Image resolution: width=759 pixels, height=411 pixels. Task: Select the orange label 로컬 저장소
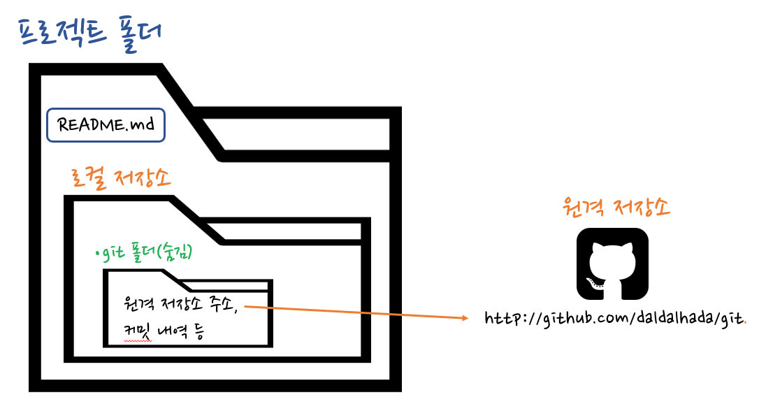[x=121, y=180]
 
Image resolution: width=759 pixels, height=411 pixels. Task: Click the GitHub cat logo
[x=612, y=264]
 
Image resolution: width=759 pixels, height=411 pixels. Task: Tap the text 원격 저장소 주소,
[x=183, y=304]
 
